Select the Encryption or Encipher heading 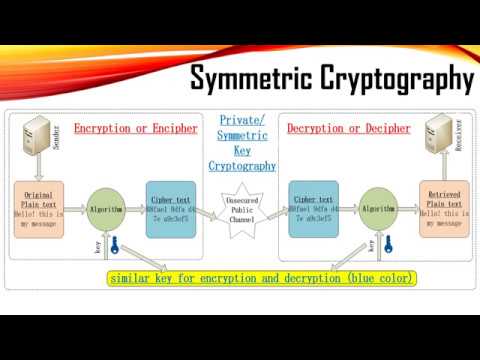[x=135, y=128]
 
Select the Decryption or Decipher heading [x=348, y=128]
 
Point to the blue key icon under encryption [x=114, y=246]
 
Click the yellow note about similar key [x=263, y=277]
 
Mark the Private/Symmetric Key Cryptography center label [x=246, y=142]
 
